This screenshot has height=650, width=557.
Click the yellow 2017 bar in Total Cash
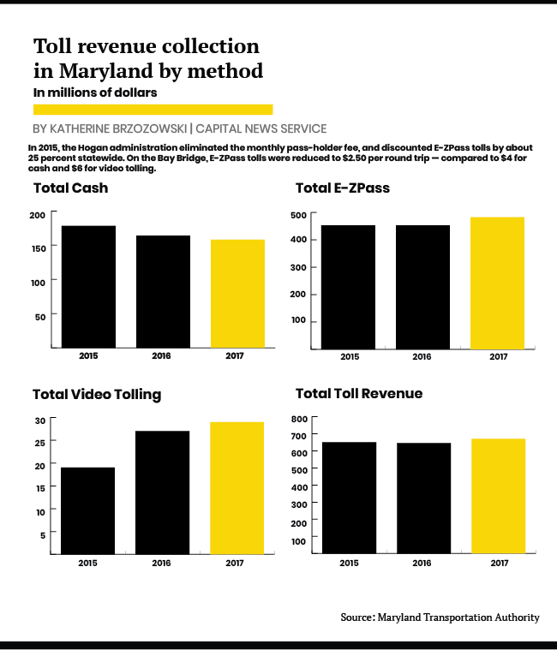click(237, 294)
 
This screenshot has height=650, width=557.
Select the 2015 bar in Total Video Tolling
click(87, 510)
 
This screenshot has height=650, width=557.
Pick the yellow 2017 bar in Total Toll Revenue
click(498, 497)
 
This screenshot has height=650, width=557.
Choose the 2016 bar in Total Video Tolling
click(162, 492)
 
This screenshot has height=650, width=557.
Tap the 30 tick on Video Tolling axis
click(40, 420)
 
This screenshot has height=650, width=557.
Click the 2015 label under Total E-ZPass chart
click(350, 357)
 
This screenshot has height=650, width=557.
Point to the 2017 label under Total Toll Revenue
click(498, 564)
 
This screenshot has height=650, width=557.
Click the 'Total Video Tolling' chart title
click(97, 395)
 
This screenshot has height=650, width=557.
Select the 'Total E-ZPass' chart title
click(343, 188)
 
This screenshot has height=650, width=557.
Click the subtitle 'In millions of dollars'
click(95, 92)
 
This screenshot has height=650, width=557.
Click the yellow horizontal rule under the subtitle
click(153, 110)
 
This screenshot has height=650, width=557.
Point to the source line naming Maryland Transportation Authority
click(440, 617)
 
